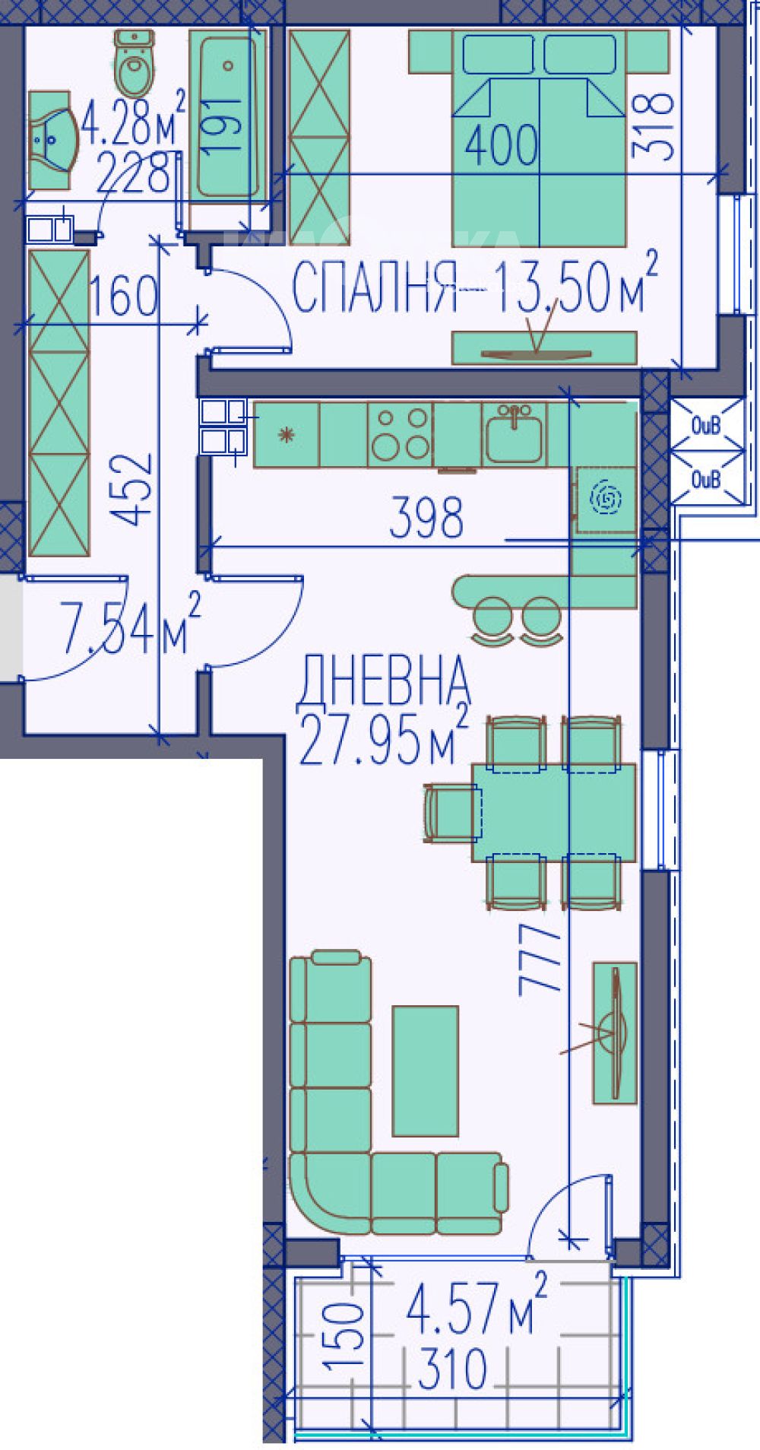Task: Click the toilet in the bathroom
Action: pos(135,62)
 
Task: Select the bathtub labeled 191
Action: pos(227,115)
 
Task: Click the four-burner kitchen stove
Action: pos(400,434)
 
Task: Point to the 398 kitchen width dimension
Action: pos(426,518)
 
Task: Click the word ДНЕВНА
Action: pos(384,681)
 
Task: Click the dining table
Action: pos(553,812)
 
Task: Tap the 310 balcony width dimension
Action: pos(451,1370)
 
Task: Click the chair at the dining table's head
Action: pos(453,812)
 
